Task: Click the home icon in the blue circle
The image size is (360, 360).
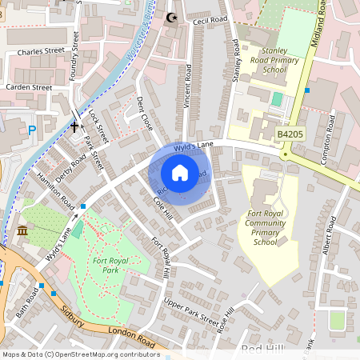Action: [180, 172]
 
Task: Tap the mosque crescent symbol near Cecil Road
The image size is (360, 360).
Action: [169, 17]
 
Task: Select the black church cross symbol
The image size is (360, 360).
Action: [74, 126]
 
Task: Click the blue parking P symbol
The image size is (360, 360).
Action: [33, 130]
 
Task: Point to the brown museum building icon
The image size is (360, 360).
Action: [22, 231]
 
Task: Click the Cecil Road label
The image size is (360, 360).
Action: [210, 19]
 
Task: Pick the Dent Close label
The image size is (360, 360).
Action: [145, 114]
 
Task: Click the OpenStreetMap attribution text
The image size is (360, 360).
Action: [80, 354]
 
